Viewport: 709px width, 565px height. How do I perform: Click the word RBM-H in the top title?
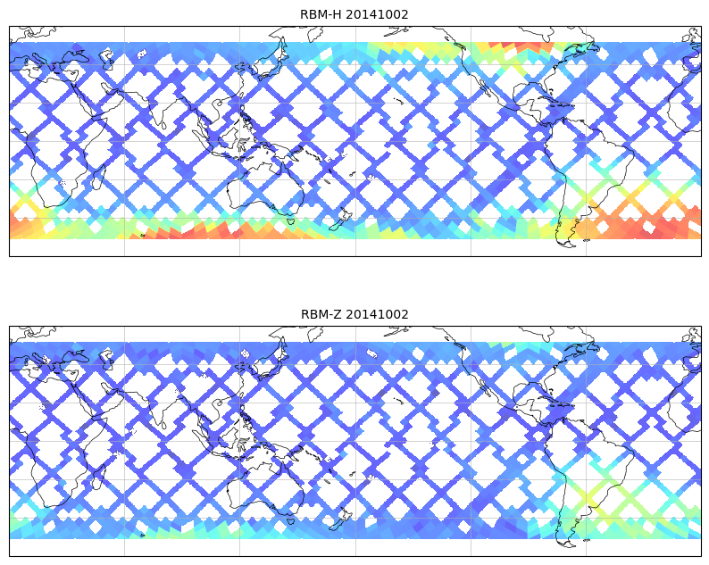[321, 14]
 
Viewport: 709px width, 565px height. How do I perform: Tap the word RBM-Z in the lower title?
[321, 314]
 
